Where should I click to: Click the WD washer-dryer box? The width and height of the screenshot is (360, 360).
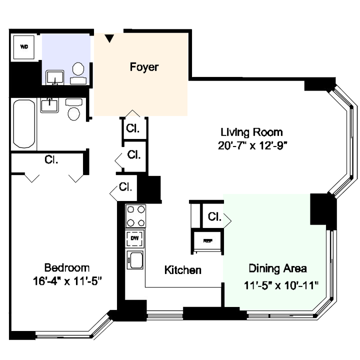tap(24, 47)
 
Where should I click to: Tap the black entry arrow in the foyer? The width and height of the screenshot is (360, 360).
tap(109, 38)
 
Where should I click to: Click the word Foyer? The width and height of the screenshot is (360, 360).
tap(144, 67)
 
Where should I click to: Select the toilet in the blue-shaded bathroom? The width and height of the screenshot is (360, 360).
tap(78, 70)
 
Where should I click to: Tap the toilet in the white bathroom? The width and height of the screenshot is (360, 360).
tap(73, 111)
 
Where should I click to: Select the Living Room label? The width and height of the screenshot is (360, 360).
tap(251, 132)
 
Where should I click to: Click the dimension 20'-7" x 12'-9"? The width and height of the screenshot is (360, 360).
tap(251, 145)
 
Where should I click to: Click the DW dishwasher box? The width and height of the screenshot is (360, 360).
tap(134, 238)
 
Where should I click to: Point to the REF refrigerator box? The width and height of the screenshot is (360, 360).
tap(207, 241)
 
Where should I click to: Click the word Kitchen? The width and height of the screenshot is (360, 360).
tap(183, 270)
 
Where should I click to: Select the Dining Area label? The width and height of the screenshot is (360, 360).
tap(277, 268)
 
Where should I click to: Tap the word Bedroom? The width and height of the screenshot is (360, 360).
tap(67, 267)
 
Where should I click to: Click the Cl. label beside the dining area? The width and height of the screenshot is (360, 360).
tap(214, 217)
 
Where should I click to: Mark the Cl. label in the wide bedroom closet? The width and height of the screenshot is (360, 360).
tap(51, 160)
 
